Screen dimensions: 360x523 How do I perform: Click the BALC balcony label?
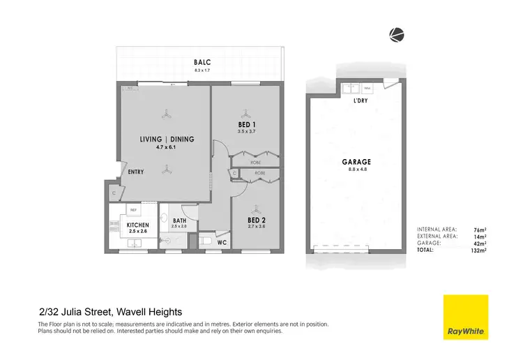[202, 61]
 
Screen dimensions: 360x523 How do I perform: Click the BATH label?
[179, 220]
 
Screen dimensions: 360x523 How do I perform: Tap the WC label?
[221, 243]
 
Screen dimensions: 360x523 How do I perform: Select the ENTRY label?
[136, 172]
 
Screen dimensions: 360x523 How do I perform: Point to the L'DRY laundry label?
[361, 100]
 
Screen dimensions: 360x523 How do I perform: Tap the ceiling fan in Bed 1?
[245, 112]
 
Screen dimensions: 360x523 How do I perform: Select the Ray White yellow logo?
[466, 317]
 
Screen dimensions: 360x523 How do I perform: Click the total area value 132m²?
[478, 249]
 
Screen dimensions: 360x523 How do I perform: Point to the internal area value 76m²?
[480, 229]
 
